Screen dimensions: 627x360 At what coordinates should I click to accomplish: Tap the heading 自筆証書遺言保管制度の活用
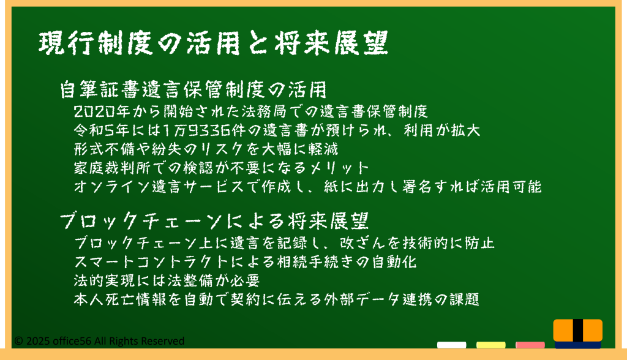[x=193, y=89]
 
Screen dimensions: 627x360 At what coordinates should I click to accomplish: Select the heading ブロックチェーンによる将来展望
[x=214, y=221]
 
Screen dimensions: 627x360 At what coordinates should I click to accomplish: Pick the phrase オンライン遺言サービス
[x=159, y=187]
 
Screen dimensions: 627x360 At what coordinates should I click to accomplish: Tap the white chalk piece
[x=451, y=345]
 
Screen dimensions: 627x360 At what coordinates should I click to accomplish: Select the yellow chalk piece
[x=490, y=345]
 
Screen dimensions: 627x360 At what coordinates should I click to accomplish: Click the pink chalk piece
[x=530, y=345]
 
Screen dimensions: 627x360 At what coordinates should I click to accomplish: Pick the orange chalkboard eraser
[x=578, y=334]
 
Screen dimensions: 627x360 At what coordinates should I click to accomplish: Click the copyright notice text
[x=99, y=341]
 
